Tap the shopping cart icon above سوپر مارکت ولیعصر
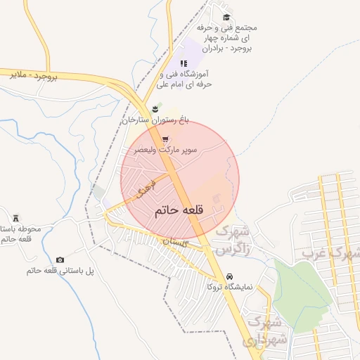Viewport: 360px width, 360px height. tap(165, 139)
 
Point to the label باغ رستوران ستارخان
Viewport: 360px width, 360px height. tap(155, 120)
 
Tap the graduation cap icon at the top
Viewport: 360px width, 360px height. tap(226, 18)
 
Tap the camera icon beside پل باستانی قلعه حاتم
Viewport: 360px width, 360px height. tap(59, 260)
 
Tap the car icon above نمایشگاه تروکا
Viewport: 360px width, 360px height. tap(230, 275)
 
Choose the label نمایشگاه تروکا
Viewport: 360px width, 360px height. tap(229, 286)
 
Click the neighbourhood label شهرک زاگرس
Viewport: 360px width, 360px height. tap(233, 240)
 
